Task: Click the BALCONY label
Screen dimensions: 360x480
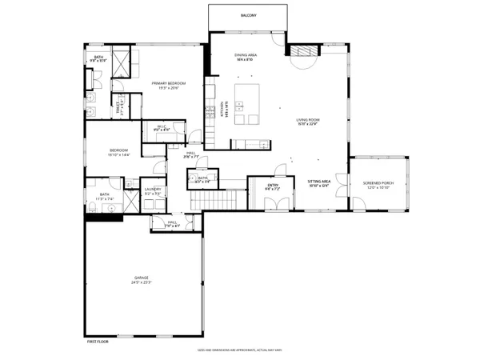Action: coord(249,16)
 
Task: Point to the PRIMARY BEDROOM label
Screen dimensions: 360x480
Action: coord(169,83)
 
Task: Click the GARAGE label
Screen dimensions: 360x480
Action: coord(141,278)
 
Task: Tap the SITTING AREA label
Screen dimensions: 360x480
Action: coord(319,182)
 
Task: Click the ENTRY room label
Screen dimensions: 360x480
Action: coord(273,187)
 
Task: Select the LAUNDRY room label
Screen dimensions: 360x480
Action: coord(153,190)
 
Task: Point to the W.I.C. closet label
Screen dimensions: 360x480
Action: coord(161,126)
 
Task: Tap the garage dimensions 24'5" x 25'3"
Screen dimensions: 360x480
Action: coord(141,282)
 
